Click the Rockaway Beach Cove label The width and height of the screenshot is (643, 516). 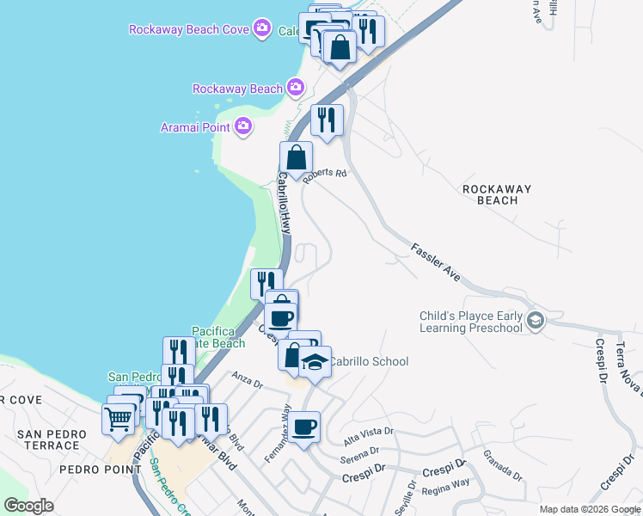[x=190, y=29]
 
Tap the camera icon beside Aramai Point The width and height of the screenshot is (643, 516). [x=243, y=127]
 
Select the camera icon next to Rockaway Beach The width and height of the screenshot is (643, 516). [x=296, y=88]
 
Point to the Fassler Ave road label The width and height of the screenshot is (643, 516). [x=435, y=261]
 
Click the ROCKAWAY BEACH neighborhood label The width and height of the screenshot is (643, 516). [x=496, y=194]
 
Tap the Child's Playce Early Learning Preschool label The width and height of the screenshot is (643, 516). [x=471, y=322]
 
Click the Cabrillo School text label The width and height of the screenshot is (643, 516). [x=369, y=362]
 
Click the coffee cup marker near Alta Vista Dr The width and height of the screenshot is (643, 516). [x=303, y=427]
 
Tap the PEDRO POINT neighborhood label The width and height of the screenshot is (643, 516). [x=100, y=470]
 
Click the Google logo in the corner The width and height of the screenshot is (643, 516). [x=28, y=506]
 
